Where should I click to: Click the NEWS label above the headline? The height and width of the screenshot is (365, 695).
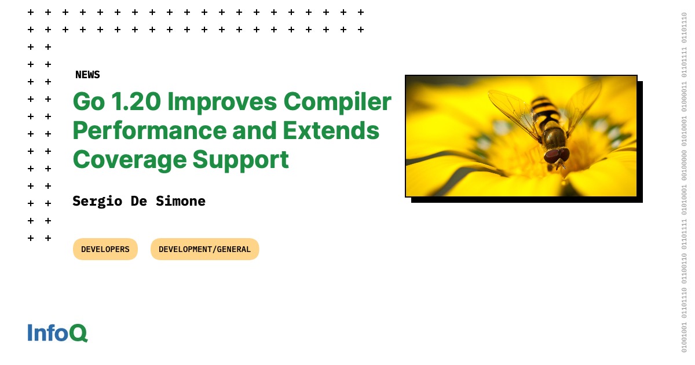pos(87,75)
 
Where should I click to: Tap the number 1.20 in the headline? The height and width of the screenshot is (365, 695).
pos(136,101)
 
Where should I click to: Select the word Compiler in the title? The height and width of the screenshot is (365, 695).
pos(337,103)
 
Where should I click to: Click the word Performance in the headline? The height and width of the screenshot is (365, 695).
pos(149,131)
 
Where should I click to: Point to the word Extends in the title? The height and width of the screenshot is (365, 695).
pos(331,131)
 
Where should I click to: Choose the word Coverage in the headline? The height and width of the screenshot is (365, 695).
pos(130,160)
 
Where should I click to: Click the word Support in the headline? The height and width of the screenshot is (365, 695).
pos(241,160)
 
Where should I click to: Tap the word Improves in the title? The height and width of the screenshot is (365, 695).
pos(222,103)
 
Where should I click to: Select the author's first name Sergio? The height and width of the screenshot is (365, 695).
pos(97,202)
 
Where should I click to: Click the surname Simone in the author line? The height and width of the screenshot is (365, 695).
pos(181,201)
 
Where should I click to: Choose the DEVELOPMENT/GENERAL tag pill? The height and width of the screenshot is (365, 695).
pos(205,249)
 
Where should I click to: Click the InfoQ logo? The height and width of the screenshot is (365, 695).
pos(58,333)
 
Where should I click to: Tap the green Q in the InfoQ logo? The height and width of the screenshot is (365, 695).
pos(78,333)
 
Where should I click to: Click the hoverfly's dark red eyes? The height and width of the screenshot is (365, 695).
pos(557,155)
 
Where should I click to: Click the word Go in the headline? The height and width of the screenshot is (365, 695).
pos(89,102)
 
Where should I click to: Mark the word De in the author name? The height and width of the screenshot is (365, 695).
pos(138,201)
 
